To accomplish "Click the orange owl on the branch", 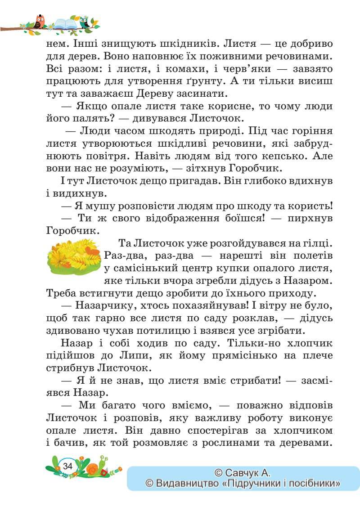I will [40, 22].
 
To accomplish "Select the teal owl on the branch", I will [84, 22].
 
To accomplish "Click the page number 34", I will [68, 466].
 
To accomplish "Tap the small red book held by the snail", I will [104, 472].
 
